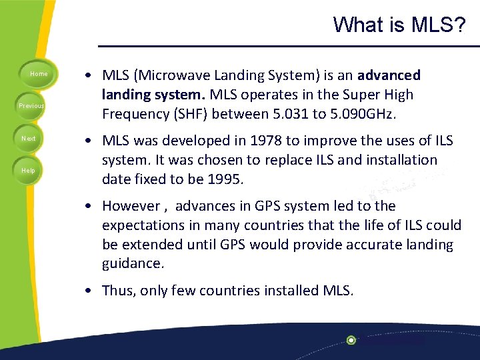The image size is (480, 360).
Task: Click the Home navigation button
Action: tap(39, 74)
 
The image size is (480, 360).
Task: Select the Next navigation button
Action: tap(29, 138)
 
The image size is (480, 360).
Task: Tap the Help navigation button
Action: tap(29, 171)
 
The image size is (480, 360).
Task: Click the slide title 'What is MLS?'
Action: tap(399, 25)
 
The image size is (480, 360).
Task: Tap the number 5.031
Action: tap(287, 114)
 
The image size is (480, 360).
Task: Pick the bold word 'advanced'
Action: tap(389, 76)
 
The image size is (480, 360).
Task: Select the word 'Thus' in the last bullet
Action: tap(117, 291)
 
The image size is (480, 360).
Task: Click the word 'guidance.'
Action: tap(133, 263)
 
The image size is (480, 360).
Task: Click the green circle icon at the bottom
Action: tap(351, 340)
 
